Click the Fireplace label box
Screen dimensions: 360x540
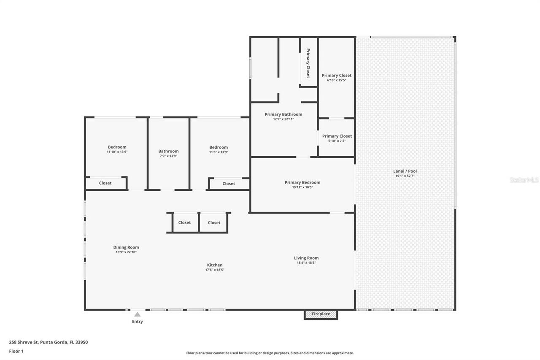point(321,314)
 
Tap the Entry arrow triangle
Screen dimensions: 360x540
point(137,314)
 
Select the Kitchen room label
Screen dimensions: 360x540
point(214,265)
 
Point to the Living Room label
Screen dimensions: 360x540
point(306,258)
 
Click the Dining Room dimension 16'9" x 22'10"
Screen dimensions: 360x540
point(126,252)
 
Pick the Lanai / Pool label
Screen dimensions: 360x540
point(405,171)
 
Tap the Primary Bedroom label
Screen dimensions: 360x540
point(302,182)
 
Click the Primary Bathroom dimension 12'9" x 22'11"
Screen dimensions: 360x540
point(283,119)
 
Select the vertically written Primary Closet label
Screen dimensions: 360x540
point(308,63)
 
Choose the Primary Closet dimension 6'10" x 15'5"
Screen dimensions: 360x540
point(337,80)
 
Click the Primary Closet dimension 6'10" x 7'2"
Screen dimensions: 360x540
point(337,141)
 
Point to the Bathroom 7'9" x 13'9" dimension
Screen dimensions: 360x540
point(168,156)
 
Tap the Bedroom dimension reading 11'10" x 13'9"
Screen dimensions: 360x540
point(117,152)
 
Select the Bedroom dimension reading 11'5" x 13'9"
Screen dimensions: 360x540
point(219,152)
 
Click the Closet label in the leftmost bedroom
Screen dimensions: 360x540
point(105,183)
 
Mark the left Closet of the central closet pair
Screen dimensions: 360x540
point(184,222)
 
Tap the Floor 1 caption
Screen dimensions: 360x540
point(16,351)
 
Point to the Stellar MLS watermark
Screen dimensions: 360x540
point(524,180)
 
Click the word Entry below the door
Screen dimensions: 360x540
point(137,322)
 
